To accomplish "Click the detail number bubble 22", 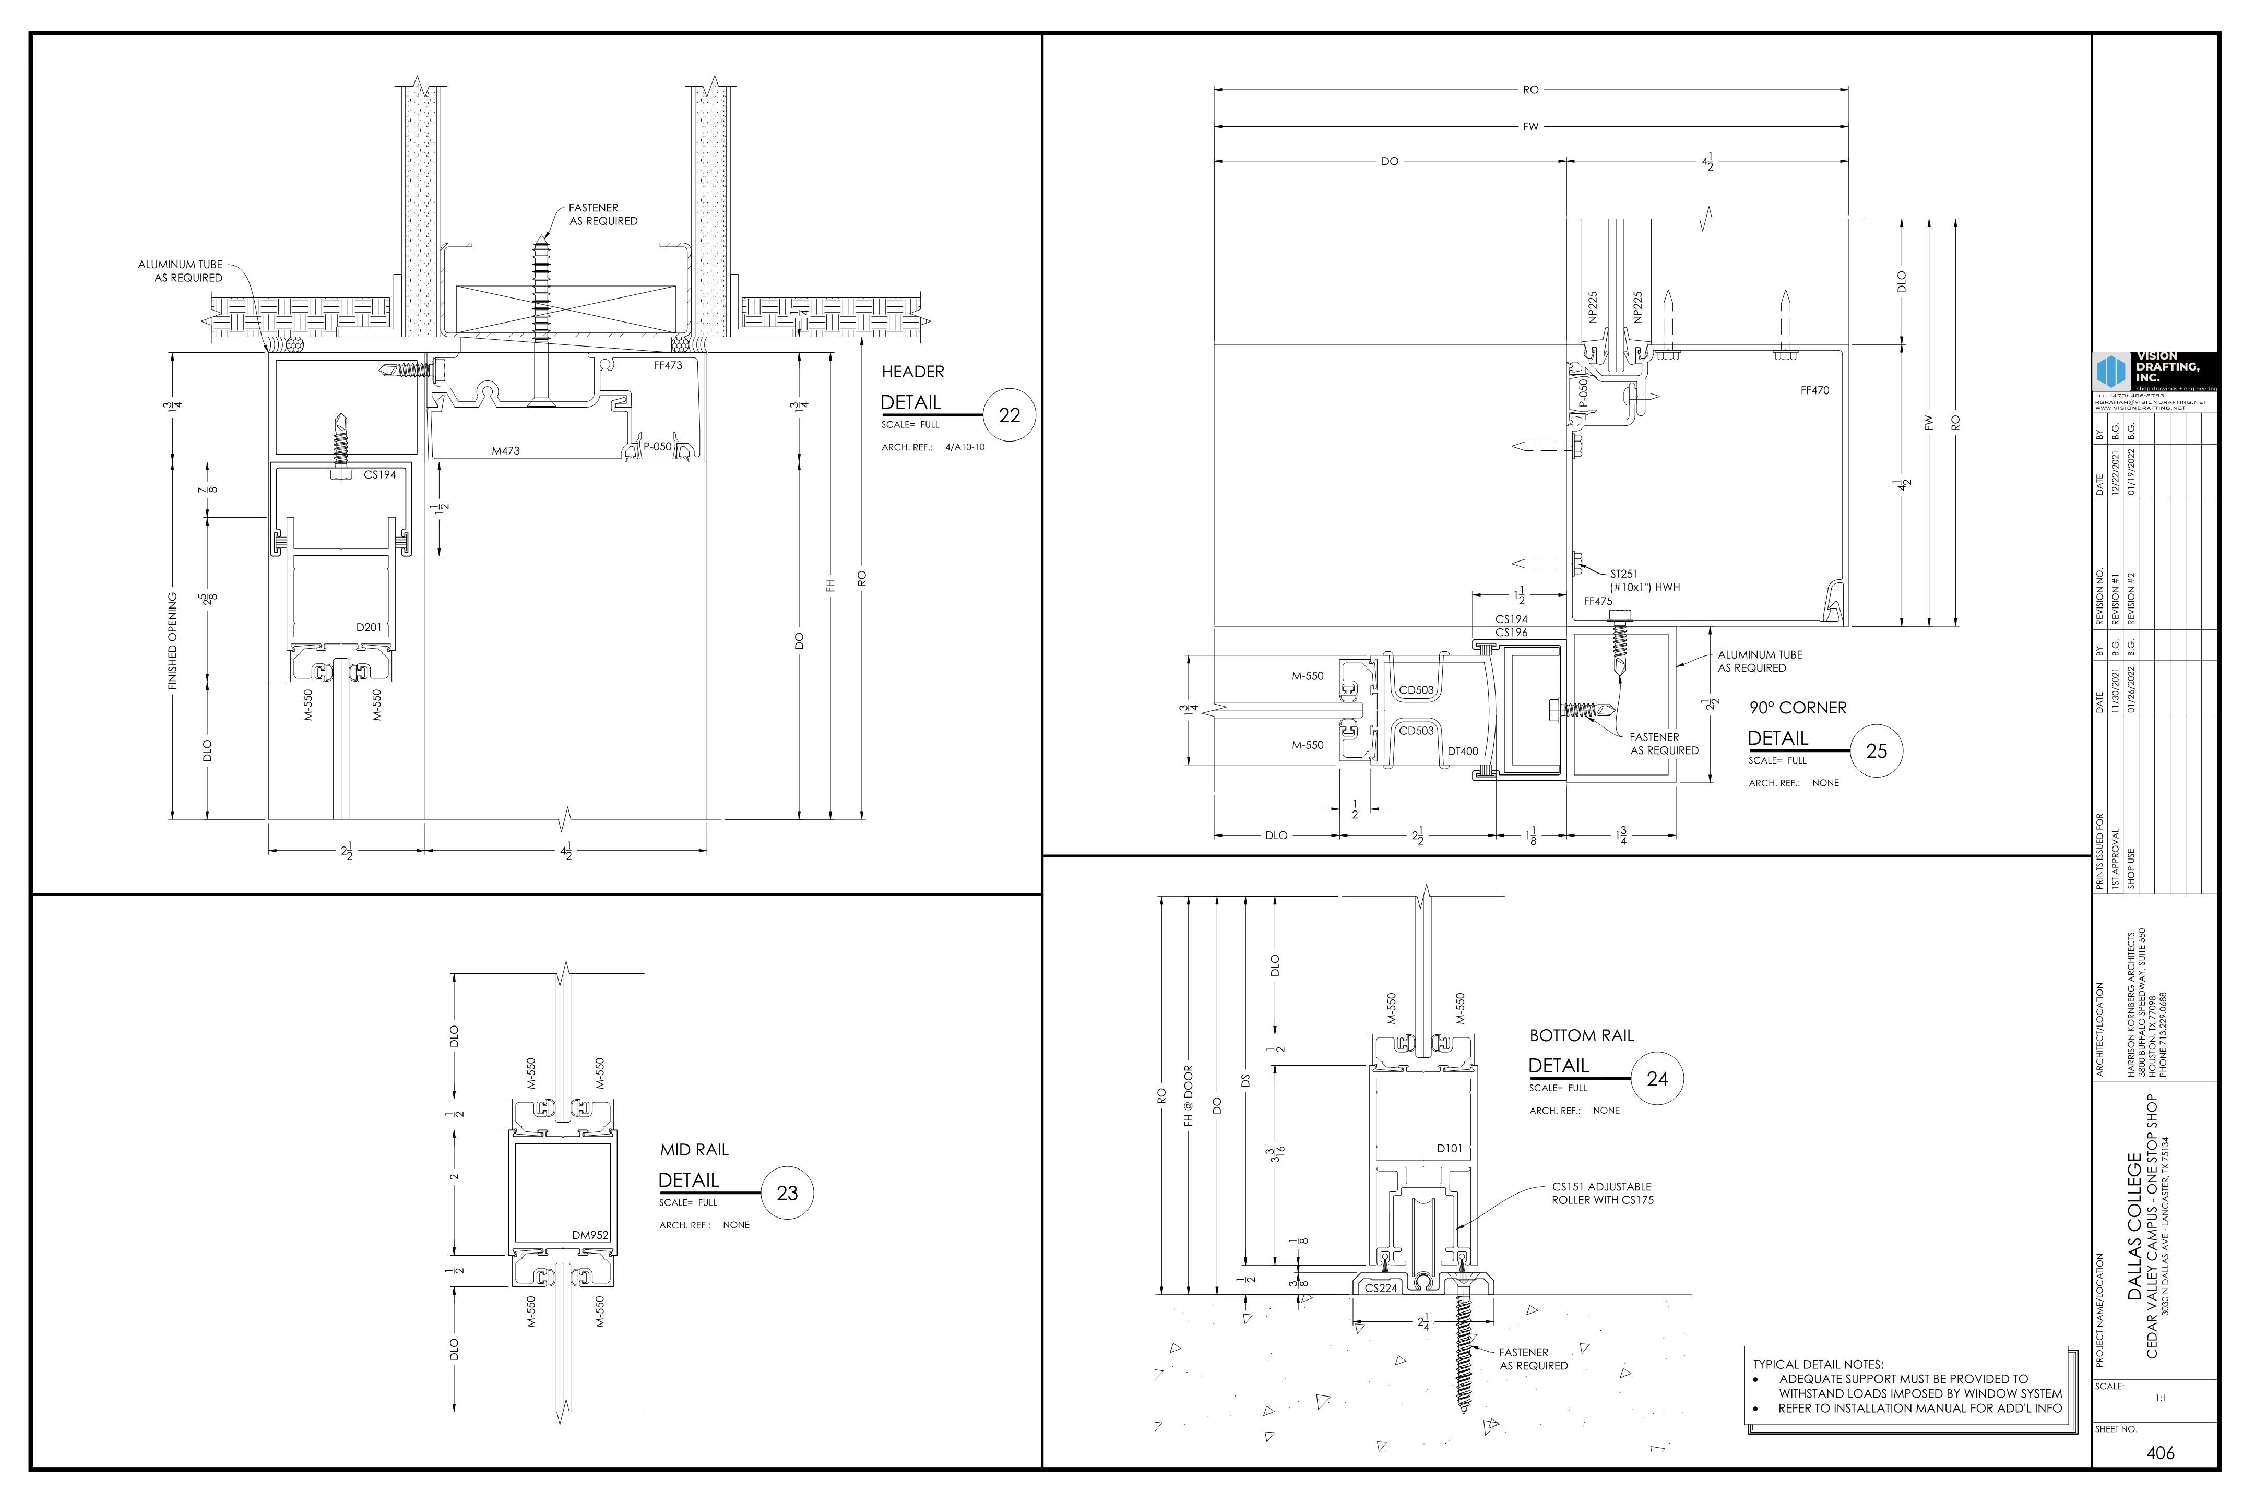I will (1010, 415).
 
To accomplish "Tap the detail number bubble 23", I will (787, 1194).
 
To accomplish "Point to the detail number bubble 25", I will (1876, 750).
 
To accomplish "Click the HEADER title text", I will (913, 372).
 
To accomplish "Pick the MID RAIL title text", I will (694, 1149).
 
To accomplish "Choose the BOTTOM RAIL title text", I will (1581, 1035).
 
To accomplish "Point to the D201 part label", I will (369, 628).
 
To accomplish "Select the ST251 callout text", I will (1624, 574).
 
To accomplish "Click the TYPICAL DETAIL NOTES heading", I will (1818, 1364).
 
